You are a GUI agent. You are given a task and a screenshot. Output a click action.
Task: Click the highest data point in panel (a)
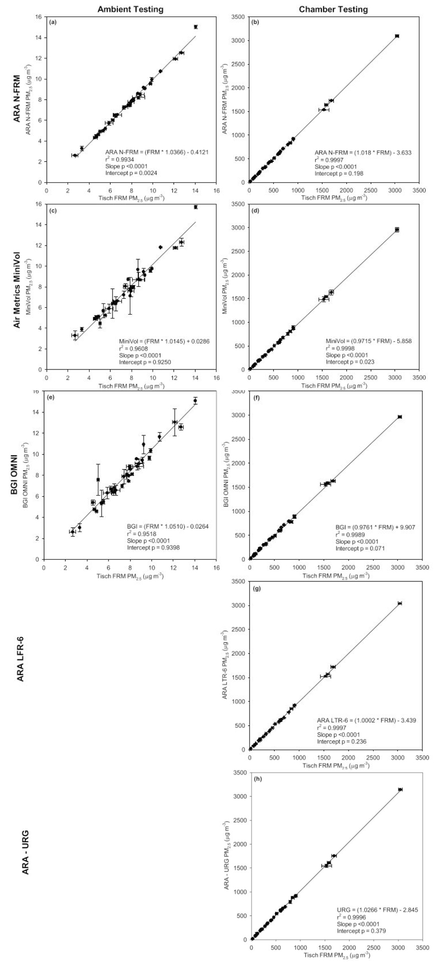click(195, 27)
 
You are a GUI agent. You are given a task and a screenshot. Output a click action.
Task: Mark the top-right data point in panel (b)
click(397, 36)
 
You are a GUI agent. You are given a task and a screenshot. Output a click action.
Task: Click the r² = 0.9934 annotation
click(120, 160)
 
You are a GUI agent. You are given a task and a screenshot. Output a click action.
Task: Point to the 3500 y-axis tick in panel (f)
click(239, 392)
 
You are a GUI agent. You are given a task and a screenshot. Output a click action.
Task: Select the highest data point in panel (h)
click(400, 790)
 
